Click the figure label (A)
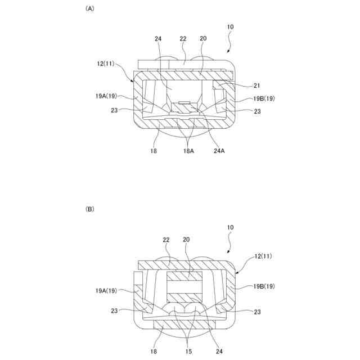pyautogui.click(x=89, y=9)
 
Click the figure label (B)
pyautogui.click(x=89, y=209)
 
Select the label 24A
pyautogui.click(x=218, y=151)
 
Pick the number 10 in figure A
pyautogui.click(x=231, y=27)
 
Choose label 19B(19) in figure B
pyautogui.click(x=263, y=286)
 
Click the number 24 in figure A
pyautogui.click(x=159, y=39)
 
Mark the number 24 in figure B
pyautogui.click(x=218, y=351)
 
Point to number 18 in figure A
pyautogui.click(x=154, y=151)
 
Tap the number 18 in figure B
pyautogui.click(x=154, y=351)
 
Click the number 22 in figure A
pyautogui.click(x=183, y=39)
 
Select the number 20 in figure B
pyautogui.click(x=186, y=239)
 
